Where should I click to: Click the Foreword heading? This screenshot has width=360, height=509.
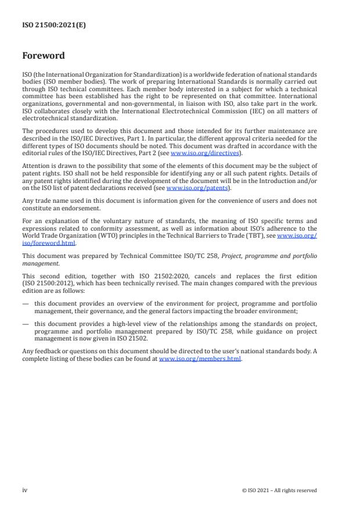click(44, 56)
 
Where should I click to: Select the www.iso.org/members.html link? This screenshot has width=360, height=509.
click(200, 359)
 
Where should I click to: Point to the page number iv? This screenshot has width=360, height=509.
click(25, 490)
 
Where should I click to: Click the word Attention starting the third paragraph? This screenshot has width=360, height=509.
click(34, 165)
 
